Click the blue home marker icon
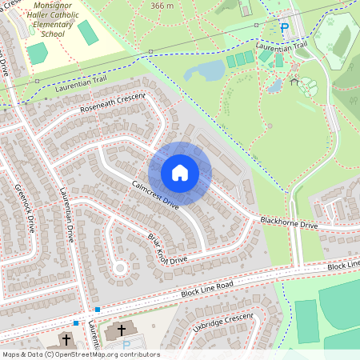click(x=180, y=173)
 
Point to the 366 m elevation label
click(x=163, y=6)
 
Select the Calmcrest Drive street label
click(x=154, y=195)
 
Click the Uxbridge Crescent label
click(x=213, y=324)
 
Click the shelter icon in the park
click(x=294, y=81)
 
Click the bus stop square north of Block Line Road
click(x=98, y=309)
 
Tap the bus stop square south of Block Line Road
click(x=76, y=322)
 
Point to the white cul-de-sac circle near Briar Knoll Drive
click(x=120, y=268)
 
